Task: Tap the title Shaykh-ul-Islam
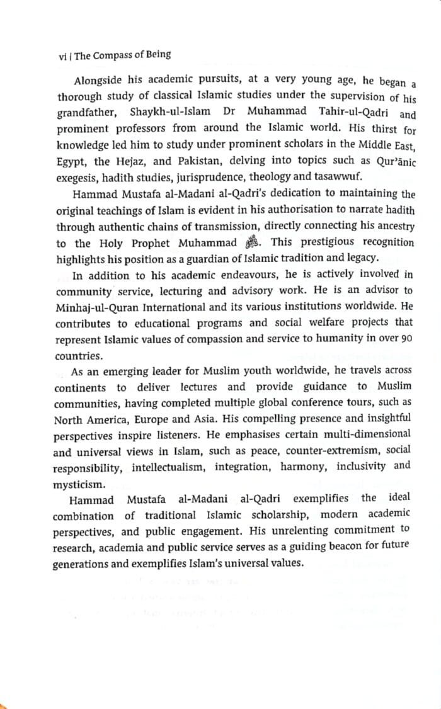(x=168, y=112)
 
